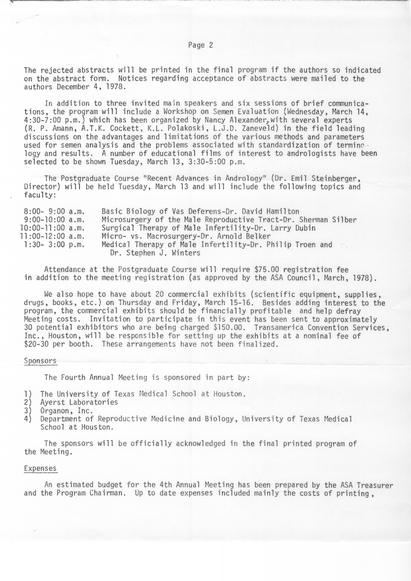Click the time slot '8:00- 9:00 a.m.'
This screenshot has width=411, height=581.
[54, 211]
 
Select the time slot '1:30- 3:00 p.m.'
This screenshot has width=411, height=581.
[54, 245]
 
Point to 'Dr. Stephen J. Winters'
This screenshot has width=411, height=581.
[155, 253]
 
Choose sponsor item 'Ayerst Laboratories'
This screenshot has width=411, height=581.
[79, 402]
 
